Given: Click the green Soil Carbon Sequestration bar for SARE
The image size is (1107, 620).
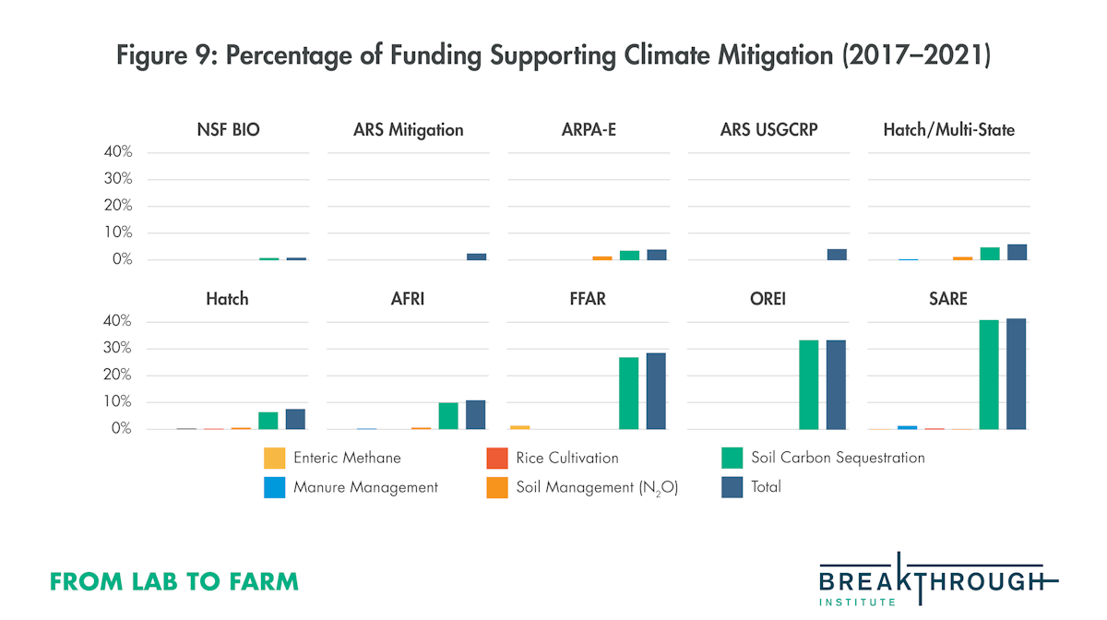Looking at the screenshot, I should (x=989, y=375).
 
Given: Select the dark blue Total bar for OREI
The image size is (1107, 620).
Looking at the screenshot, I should (x=836, y=385).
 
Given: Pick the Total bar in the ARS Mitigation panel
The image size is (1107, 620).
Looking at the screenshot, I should (x=476, y=256).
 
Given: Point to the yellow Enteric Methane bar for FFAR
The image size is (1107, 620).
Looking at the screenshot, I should (x=520, y=427).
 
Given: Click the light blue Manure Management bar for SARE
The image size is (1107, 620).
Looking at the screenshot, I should (x=908, y=427).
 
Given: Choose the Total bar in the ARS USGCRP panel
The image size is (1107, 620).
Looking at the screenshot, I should (x=836, y=255).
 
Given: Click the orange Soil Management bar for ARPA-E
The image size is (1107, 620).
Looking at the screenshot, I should (x=601, y=257).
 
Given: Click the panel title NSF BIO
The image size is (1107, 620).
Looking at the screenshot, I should (x=227, y=130).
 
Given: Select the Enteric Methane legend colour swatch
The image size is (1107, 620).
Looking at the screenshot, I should (x=274, y=458).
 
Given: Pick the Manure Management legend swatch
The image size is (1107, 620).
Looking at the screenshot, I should (x=274, y=487).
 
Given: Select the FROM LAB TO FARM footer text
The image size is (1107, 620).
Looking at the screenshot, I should (x=174, y=581).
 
